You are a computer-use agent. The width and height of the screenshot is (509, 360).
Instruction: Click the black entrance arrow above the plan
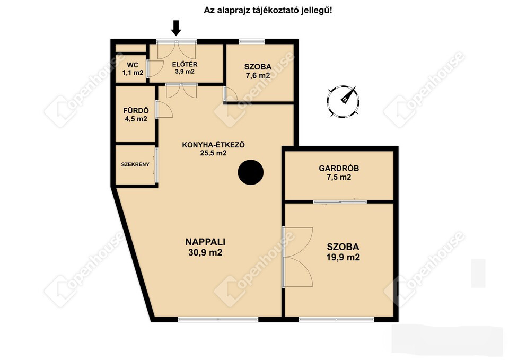(x=176, y=28)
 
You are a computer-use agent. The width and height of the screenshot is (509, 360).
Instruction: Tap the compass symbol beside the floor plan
(x=343, y=102)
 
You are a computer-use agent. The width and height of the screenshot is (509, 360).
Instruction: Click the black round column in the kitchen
(x=250, y=172)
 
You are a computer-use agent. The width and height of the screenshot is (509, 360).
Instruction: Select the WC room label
(x=133, y=65)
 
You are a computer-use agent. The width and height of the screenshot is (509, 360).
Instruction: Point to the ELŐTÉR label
(x=185, y=64)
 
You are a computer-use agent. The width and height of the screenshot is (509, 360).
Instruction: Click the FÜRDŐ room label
(x=136, y=111)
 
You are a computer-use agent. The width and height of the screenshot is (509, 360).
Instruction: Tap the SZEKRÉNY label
(x=135, y=164)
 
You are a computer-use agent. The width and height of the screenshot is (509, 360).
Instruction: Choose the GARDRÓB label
(x=339, y=168)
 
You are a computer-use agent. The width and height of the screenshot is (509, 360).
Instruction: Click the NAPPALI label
(x=205, y=242)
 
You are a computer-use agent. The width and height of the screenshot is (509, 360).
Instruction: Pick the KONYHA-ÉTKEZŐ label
(x=213, y=145)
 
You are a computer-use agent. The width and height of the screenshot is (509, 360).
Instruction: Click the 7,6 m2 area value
(x=258, y=76)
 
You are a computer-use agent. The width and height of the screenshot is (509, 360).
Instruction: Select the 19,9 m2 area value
(x=343, y=258)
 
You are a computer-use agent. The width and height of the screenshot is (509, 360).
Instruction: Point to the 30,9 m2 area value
(x=205, y=252)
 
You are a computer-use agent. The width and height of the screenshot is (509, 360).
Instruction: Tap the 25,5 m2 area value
(x=213, y=153)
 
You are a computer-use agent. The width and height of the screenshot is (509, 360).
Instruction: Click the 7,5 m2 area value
(x=339, y=177)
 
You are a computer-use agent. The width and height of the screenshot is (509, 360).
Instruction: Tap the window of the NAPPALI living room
(x=218, y=319)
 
